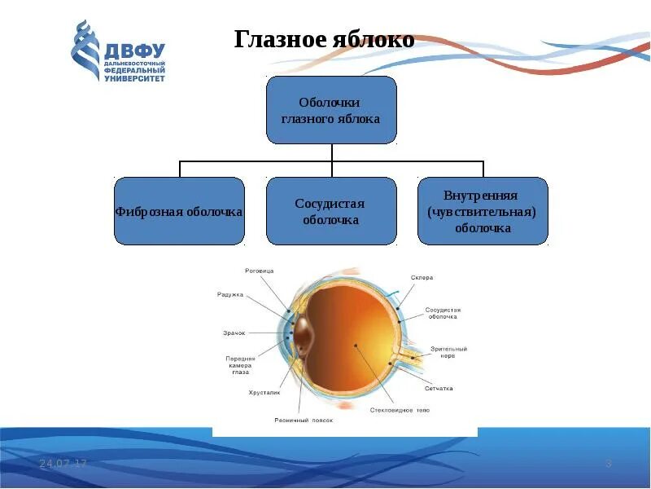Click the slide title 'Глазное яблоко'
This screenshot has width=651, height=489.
coord(325,39)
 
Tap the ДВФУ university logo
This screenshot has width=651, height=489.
coord(119,51)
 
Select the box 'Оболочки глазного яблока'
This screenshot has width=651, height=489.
coord(331,110)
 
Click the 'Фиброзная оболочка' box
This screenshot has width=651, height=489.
coord(179,211)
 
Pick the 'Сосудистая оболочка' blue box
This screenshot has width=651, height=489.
coord(331,211)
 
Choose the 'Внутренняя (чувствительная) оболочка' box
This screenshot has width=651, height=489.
coord(483,211)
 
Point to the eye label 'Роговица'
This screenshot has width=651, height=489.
coord(260,271)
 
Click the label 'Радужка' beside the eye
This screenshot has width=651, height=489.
coord(230,294)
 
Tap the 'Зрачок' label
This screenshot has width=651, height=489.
coord(234,333)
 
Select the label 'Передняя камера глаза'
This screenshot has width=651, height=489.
coord(241,365)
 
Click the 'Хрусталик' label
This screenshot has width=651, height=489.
coord(264,393)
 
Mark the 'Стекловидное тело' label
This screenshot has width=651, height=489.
coord(400,410)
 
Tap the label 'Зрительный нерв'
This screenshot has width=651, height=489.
coord(449,353)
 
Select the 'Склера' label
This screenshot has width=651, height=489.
coord(422,278)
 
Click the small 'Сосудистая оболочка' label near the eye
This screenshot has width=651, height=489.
coord(443,315)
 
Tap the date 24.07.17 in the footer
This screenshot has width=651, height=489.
coord(63,464)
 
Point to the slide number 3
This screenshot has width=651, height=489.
coord(608,464)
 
